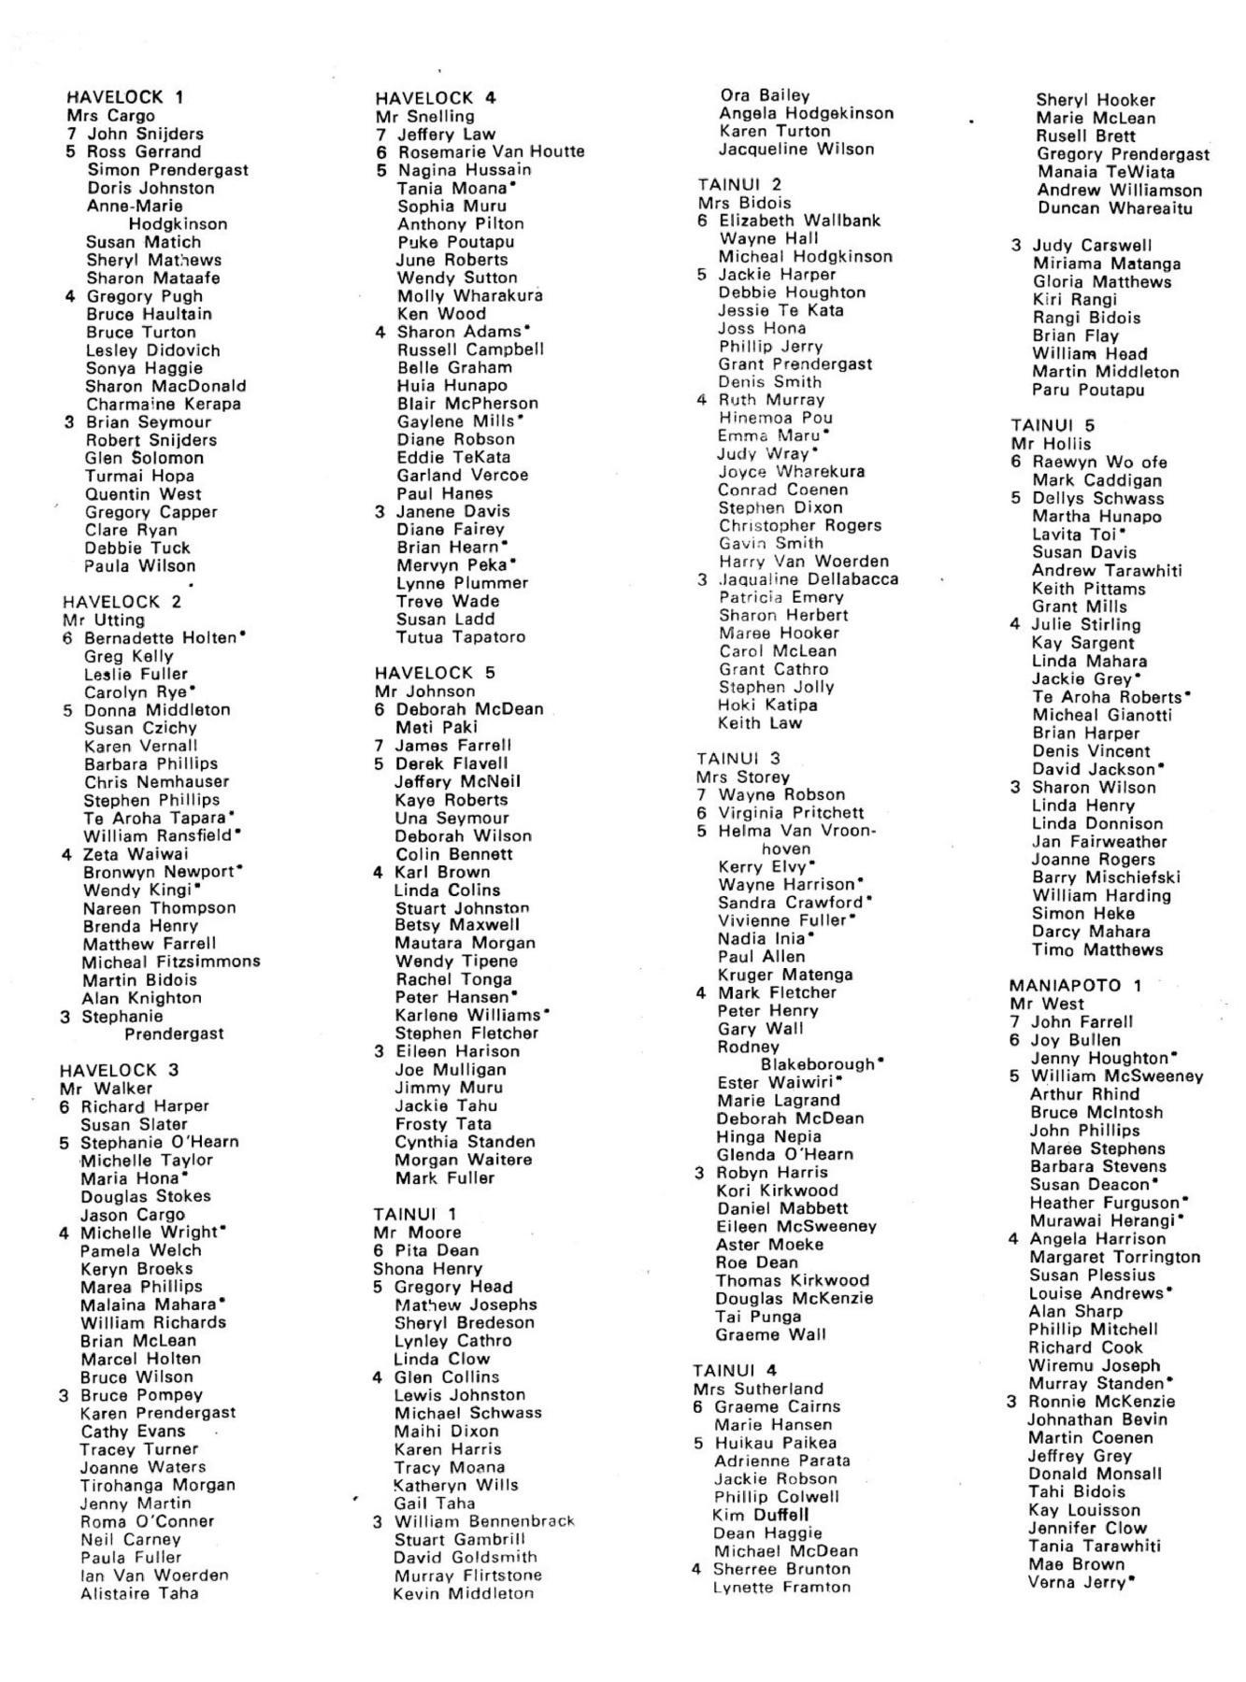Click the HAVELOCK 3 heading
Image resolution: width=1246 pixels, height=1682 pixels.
point(119,1070)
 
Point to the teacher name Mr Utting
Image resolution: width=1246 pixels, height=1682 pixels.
point(104,620)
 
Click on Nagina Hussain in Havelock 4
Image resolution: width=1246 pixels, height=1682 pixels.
point(465,170)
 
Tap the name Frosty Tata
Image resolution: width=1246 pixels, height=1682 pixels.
point(443,1124)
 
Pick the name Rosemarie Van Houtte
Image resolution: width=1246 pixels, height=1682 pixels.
point(492,151)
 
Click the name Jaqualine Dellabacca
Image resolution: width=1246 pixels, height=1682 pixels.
point(809,579)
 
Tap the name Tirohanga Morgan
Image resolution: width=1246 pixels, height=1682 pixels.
point(158,1485)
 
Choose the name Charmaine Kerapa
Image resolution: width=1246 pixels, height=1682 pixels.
point(164,405)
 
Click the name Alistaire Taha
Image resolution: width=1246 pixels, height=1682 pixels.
point(139,1593)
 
